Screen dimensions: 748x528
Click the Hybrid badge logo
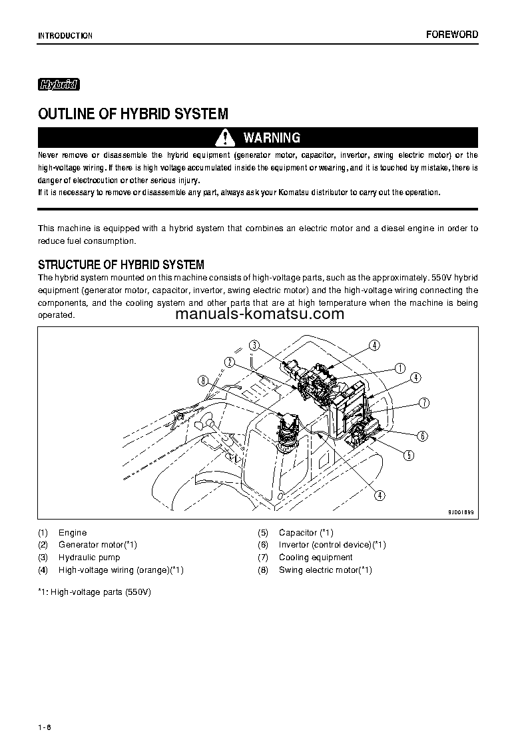tap(59, 85)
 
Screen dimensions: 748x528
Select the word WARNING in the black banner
tap(272, 138)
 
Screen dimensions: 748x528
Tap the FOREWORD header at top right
tap(452, 35)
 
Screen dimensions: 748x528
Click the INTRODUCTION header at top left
tap(65, 35)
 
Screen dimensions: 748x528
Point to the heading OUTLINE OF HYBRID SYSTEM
tap(133, 114)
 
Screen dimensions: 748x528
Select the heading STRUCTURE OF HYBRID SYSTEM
tap(121, 264)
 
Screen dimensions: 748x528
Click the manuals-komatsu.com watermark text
tap(260, 314)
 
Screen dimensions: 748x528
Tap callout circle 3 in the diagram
tap(254, 345)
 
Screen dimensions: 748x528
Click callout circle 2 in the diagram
tap(229, 362)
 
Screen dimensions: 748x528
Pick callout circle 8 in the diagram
tap(203, 381)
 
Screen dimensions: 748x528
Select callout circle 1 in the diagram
tap(400, 367)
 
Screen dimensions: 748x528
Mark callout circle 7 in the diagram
tap(423, 403)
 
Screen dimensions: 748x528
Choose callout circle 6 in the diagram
tap(421, 436)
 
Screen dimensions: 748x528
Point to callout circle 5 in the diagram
tap(408, 456)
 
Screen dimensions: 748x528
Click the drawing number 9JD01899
tap(461, 513)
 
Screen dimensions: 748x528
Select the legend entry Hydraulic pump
tap(89, 558)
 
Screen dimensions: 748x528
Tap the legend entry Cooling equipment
tap(315, 558)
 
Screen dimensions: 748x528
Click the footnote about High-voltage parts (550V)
tap(95, 591)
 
